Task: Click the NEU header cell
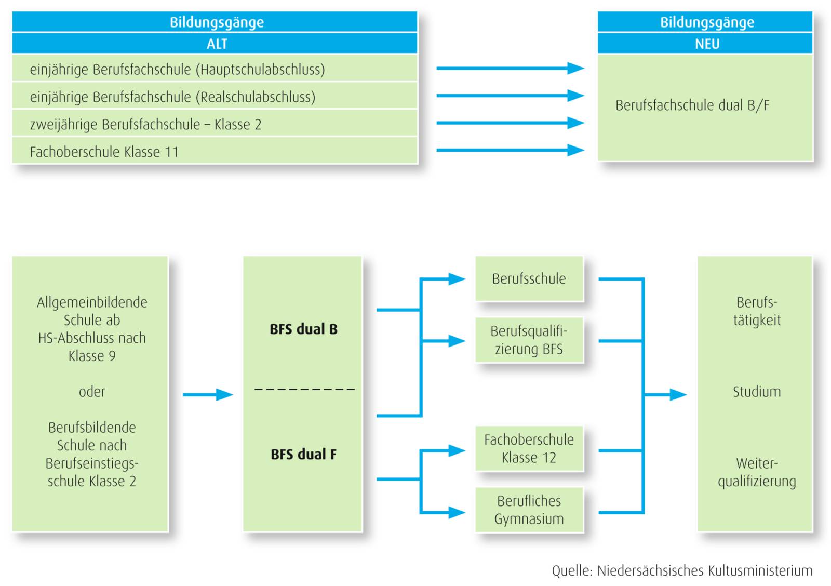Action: pyautogui.click(x=706, y=44)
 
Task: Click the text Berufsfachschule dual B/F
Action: pyautogui.click(x=692, y=105)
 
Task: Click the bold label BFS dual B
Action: pyautogui.click(x=303, y=329)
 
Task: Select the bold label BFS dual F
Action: pyautogui.click(x=303, y=454)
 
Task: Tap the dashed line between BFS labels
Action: pyautogui.click(x=304, y=389)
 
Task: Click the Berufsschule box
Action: pyautogui.click(x=529, y=279)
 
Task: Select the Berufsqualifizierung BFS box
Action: pyautogui.click(x=529, y=340)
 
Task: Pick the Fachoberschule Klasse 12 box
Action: pyautogui.click(x=529, y=449)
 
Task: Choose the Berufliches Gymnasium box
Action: pyautogui.click(x=529, y=510)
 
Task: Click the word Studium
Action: pyautogui.click(x=756, y=392)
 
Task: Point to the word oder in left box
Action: pyautogui.click(x=92, y=392)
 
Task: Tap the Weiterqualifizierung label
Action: pyautogui.click(x=756, y=472)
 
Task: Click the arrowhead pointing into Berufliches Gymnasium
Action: pyautogui.click(x=457, y=513)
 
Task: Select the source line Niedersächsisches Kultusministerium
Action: pyautogui.click(x=681, y=570)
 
